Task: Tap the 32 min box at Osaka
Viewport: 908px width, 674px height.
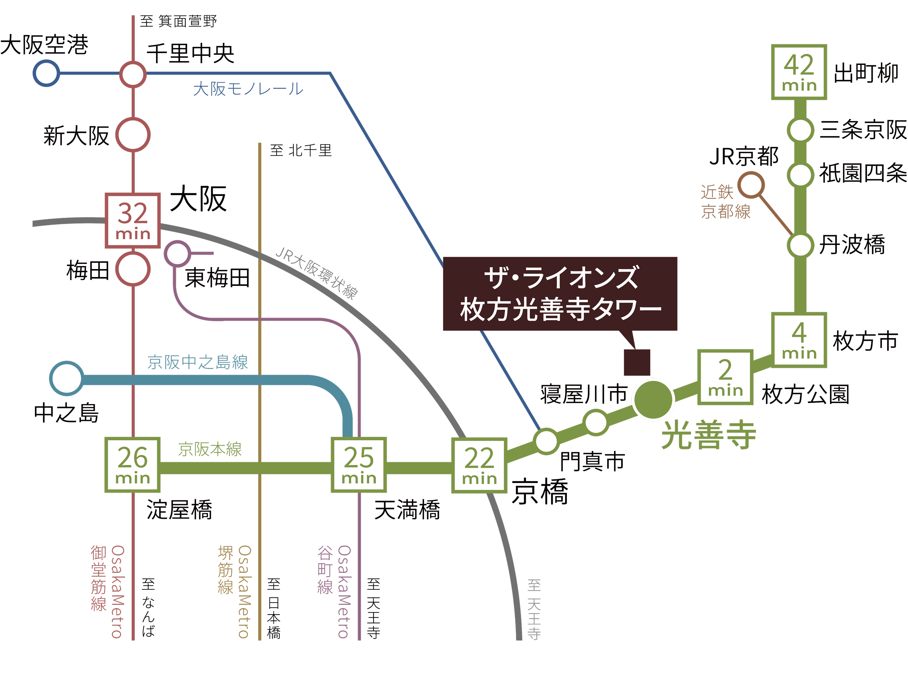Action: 133,220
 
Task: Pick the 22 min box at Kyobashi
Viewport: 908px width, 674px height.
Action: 479,465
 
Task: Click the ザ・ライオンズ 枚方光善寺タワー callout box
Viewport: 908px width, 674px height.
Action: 560,293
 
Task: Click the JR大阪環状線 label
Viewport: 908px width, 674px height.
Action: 316,273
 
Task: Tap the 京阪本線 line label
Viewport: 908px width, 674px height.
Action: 210,449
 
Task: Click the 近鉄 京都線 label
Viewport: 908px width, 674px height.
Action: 726,202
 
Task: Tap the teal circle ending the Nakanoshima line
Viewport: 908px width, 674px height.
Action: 67,378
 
